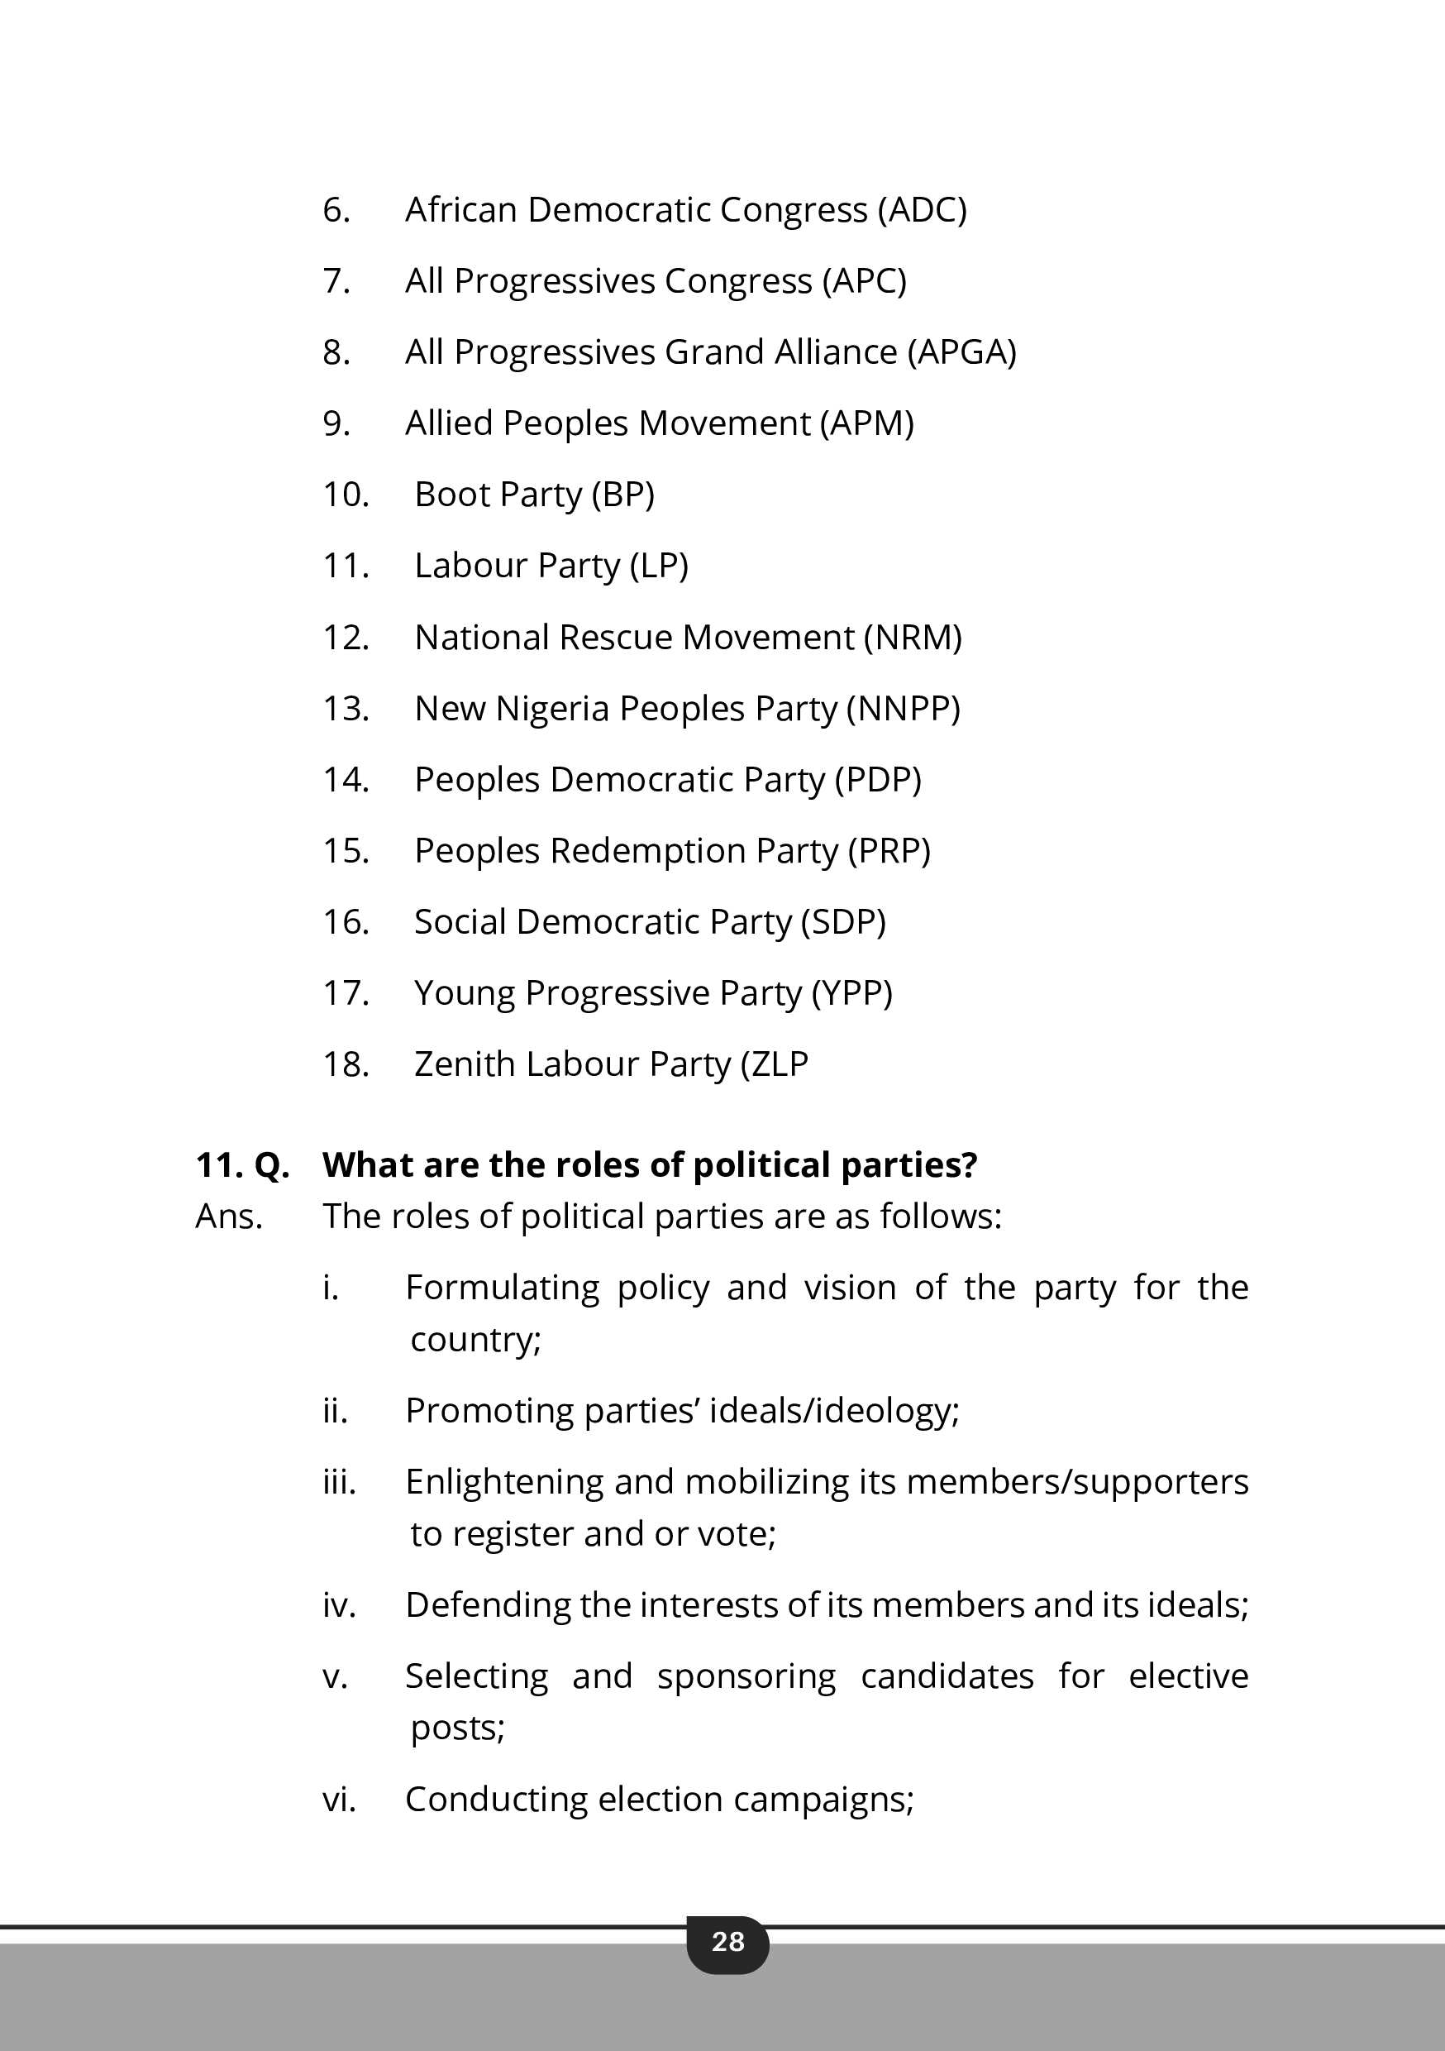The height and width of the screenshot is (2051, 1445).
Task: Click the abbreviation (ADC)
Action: click(x=922, y=210)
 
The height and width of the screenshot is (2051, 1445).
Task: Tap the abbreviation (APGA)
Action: click(x=962, y=352)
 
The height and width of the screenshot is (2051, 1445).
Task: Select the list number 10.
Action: click(x=346, y=494)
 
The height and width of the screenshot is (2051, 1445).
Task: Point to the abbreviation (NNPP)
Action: click(x=903, y=709)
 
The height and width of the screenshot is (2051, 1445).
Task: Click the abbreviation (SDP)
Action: click(x=843, y=922)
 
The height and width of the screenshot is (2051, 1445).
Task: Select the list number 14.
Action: click(x=346, y=780)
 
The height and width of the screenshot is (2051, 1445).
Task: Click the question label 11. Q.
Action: click(x=242, y=1165)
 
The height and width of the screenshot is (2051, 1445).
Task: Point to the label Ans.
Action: click(x=229, y=1217)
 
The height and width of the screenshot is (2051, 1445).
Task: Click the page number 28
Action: click(x=727, y=1941)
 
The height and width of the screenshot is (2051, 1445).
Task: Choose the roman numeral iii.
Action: click(x=338, y=1482)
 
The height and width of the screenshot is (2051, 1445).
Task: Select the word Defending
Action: click(x=488, y=1605)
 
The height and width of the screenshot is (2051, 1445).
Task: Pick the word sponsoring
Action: click(x=746, y=1676)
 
